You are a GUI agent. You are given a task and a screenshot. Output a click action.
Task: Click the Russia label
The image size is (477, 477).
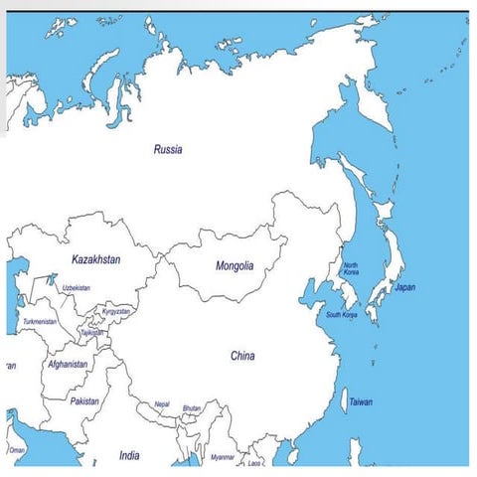pyautogui.click(x=168, y=150)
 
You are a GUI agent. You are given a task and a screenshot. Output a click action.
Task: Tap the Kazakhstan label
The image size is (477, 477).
pyautogui.click(x=96, y=259)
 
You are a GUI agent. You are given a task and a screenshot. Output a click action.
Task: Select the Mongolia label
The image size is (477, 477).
pyautogui.click(x=235, y=266)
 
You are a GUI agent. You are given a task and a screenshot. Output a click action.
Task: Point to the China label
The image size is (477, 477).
pyautogui.click(x=242, y=356)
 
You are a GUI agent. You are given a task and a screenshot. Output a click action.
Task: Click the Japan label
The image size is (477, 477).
pyautogui.click(x=405, y=287)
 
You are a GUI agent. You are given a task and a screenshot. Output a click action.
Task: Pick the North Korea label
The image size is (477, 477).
pyautogui.click(x=351, y=268)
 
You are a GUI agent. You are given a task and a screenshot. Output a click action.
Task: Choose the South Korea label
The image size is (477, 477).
pyautogui.click(x=341, y=315)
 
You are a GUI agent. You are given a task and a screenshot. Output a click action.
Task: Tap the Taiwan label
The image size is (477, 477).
pyautogui.click(x=361, y=401)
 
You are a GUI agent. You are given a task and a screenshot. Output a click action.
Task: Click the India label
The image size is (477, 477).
pyautogui.click(x=129, y=455)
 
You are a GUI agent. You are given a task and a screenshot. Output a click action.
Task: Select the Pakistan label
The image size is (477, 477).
pyautogui.click(x=84, y=401)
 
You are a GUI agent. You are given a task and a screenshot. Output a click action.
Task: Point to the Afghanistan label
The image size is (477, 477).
pyautogui.click(x=68, y=365)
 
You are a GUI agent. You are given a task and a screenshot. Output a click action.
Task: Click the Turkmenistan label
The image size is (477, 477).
pyautogui.click(x=41, y=322)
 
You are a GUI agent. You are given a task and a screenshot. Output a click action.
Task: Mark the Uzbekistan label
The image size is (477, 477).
pyautogui.click(x=77, y=288)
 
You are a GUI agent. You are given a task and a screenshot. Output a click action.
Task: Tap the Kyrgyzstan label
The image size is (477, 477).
pyautogui.click(x=116, y=311)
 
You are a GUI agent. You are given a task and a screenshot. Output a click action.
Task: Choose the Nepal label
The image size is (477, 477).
pyautogui.click(x=162, y=404)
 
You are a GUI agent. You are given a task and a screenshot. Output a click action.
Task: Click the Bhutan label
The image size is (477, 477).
pyautogui.click(x=192, y=408)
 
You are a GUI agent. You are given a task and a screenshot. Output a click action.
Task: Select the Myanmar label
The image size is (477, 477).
pyautogui.click(x=223, y=457)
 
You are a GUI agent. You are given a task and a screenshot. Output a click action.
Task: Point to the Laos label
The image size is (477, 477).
pyautogui.click(x=255, y=463)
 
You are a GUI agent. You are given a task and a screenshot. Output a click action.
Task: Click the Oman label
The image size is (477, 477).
pyautogui.click(x=17, y=450)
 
